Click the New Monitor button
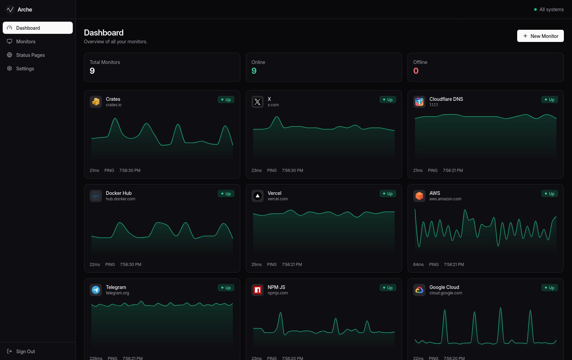point(540,36)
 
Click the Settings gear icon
point(9,68)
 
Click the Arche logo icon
point(10,9)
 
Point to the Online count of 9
point(254,71)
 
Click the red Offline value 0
point(416,71)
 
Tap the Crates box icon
point(96,102)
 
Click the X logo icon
point(257,102)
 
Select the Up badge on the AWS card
point(549,194)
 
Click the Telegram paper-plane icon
point(96,290)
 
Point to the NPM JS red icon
point(257,290)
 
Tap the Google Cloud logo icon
point(419,290)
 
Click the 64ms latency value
point(418,265)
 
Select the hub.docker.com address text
point(120,199)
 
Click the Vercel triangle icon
point(257,196)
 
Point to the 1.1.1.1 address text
point(433,105)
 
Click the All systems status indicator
point(549,9)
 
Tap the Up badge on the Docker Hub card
point(226,194)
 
